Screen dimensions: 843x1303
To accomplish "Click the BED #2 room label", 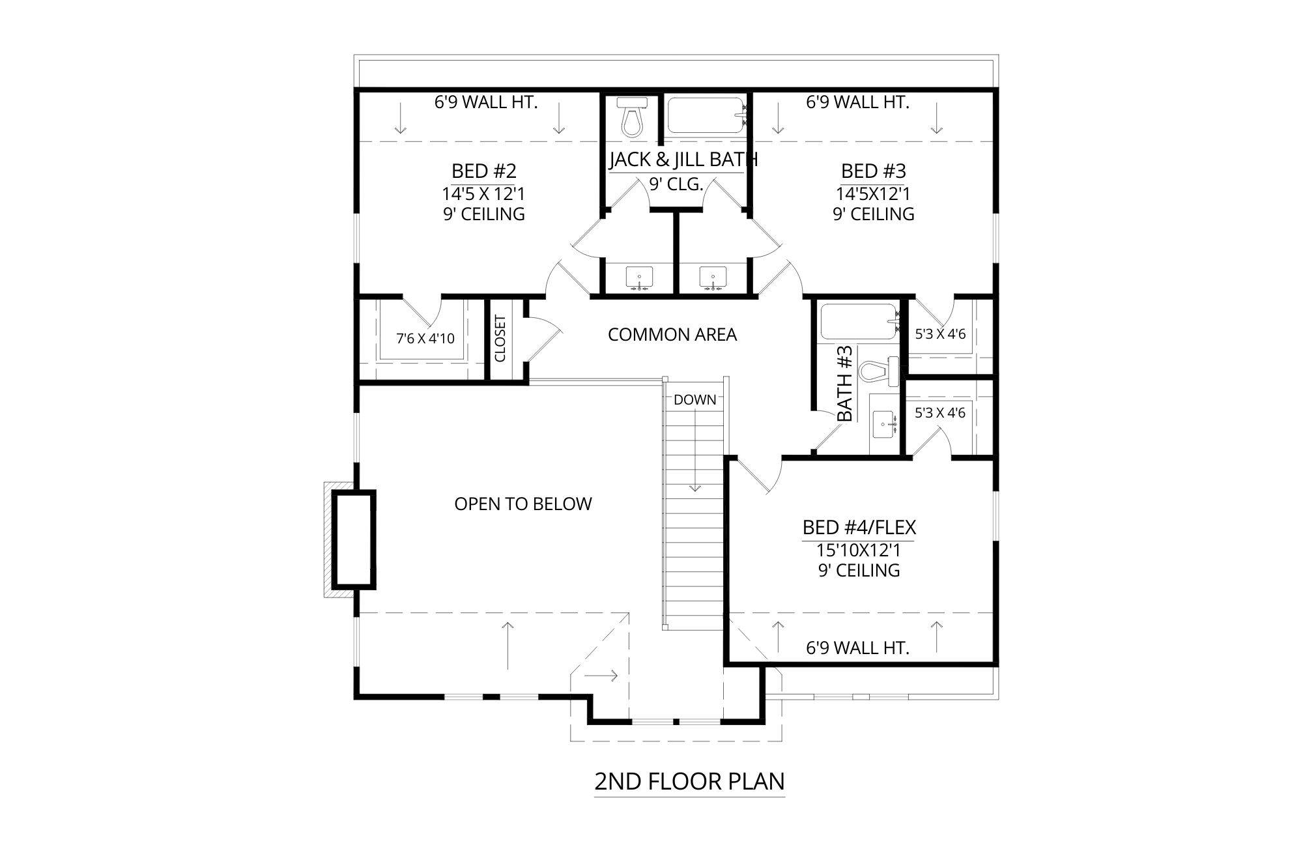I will (483, 171).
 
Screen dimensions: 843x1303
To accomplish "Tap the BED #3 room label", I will (873, 171).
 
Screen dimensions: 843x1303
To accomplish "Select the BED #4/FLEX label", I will (859, 526).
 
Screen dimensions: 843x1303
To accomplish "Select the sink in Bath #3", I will (883, 425).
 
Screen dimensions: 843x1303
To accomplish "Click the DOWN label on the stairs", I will (694, 400).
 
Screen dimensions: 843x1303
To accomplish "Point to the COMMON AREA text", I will (672, 335).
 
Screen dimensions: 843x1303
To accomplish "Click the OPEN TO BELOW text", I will (523, 504).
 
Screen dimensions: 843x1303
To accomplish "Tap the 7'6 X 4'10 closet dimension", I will (425, 339).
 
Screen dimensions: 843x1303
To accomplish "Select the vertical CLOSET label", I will (500, 339).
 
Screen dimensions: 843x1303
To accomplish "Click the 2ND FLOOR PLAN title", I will (689, 780).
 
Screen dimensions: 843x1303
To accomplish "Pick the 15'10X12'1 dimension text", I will (859, 550).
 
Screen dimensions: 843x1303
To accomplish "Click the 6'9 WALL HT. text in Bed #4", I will (857, 648).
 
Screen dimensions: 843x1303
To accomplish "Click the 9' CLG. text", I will (676, 184).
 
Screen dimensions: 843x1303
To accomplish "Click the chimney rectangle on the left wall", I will (354, 539).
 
